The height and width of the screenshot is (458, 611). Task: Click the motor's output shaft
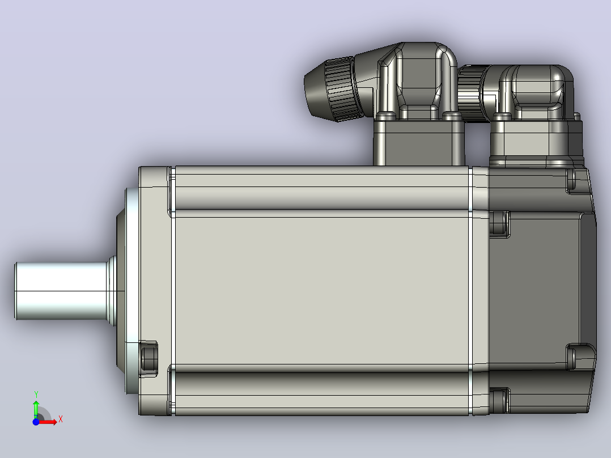click(62, 291)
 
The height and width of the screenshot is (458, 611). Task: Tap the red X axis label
click(61, 419)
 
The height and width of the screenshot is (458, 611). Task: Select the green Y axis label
click(36, 394)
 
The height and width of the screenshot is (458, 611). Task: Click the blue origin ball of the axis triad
click(36, 422)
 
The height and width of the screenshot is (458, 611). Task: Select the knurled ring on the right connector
click(469, 94)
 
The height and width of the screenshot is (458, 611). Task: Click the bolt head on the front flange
click(148, 359)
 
